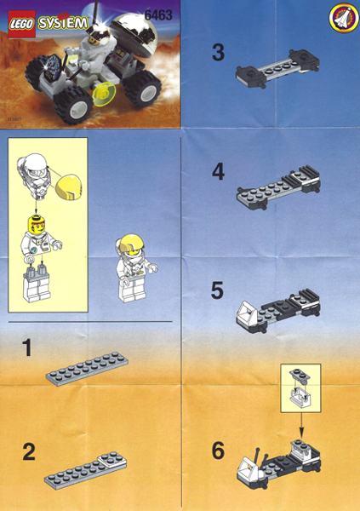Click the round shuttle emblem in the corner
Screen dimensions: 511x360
tap(341, 16)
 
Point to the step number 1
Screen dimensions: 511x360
tap(28, 347)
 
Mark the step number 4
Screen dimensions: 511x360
tap(219, 172)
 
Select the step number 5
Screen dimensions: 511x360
tap(219, 290)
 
